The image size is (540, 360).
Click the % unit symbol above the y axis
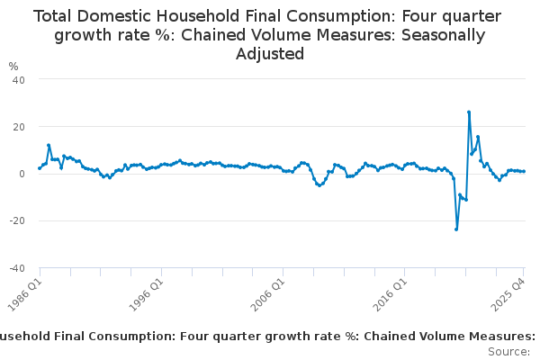click(13, 67)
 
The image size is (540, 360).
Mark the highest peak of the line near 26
click(469, 112)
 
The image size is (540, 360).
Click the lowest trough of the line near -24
click(456, 229)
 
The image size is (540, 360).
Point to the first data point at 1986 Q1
click(40, 168)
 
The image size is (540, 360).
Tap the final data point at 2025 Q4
click(524, 171)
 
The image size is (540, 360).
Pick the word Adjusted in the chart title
click(270, 54)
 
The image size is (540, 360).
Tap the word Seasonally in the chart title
click(442, 35)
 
